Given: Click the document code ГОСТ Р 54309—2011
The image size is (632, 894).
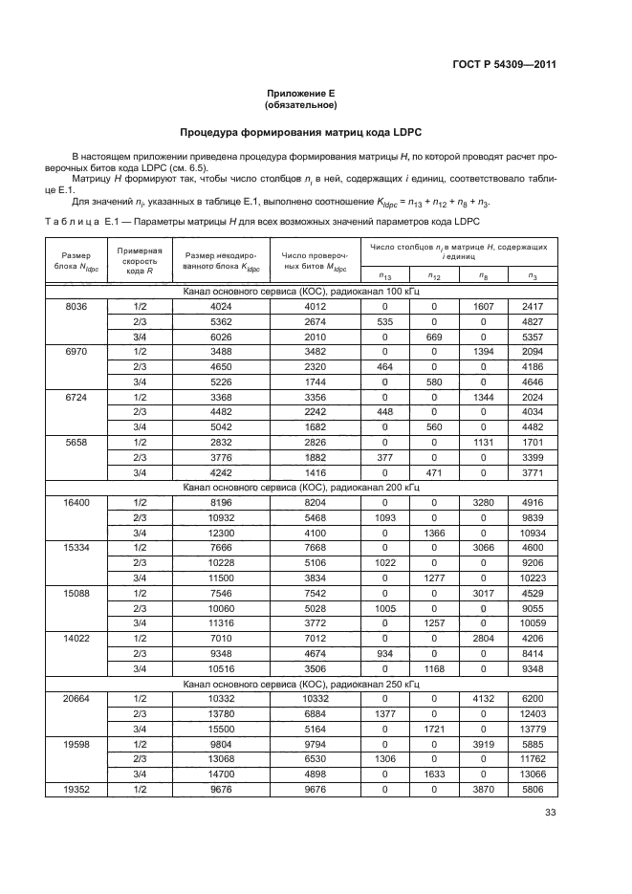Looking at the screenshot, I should coord(505,65).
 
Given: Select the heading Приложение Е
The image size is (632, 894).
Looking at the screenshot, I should coord(300,93).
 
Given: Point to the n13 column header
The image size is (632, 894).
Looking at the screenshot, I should coord(385,276).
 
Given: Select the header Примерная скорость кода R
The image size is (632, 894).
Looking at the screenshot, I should coord(140,261).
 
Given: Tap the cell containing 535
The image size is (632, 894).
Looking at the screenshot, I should coord(385,321).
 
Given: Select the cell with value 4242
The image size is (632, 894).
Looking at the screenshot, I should coord(221,471).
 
